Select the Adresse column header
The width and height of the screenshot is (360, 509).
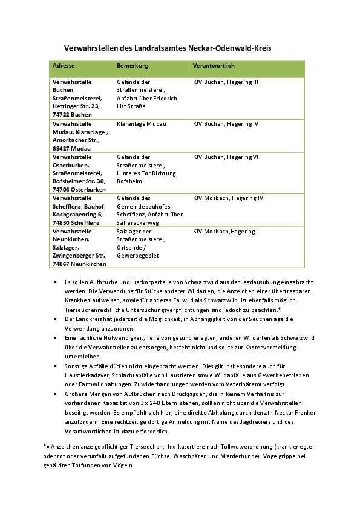pyautogui.click(x=64, y=65)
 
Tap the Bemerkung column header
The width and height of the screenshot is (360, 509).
pyautogui.click(x=133, y=65)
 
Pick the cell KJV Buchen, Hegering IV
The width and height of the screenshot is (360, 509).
pyautogui.click(x=226, y=124)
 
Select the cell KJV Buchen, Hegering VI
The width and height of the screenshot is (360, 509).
pyautogui.click(x=226, y=157)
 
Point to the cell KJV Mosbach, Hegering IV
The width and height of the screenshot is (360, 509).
pyautogui.click(x=228, y=198)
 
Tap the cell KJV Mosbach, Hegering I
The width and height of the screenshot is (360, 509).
pyautogui.click(x=225, y=232)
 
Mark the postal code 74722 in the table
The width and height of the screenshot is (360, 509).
pyautogui.click(x=61, y=114)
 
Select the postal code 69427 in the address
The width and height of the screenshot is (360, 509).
pyautogui.click(x=61, y=148)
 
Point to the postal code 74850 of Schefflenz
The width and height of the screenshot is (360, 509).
pyautogui.click(x=61, y=222)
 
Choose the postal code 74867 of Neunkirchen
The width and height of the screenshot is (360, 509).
pyautogui.click(x=61, y=264)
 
